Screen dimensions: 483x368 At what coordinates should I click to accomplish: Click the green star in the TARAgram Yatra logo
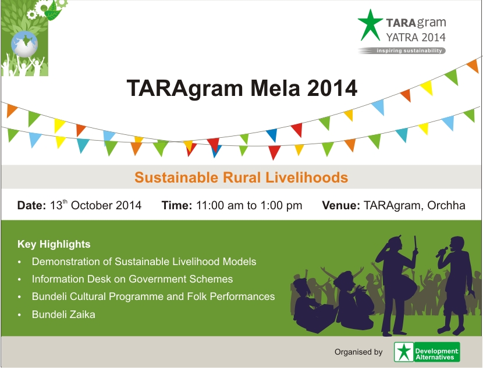(370, 25)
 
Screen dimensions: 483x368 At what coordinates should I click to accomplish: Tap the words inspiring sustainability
(409, 51)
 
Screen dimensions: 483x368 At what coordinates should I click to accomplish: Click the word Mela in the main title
(275, 88)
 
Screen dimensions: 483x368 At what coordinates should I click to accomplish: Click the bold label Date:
(31, 206)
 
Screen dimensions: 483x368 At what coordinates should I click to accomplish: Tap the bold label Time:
(177, 206)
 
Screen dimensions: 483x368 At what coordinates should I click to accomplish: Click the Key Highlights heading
(54, 244)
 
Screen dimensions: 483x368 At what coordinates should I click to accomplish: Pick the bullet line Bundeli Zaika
(63, 315)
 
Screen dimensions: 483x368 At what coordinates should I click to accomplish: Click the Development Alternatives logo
(427, 352)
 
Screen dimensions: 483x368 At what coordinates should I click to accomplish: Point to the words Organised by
(358, 352)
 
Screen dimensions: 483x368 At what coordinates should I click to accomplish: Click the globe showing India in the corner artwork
(24, 44)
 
